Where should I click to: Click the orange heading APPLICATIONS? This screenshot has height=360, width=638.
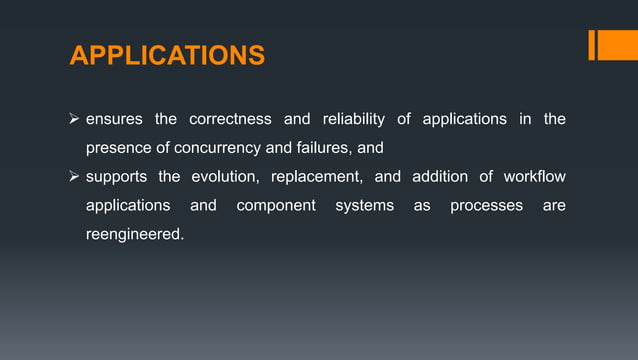click(167, 55)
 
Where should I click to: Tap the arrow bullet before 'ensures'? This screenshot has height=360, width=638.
click(75, 120)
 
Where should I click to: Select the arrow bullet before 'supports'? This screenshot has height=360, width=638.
click(75, 178)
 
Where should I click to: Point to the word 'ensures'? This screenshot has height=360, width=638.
click(112, 120)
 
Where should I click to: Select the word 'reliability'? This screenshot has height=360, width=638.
click(349, 120)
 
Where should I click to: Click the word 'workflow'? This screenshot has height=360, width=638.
click(534, 178)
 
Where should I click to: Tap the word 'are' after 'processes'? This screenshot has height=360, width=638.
click(553, 207)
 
